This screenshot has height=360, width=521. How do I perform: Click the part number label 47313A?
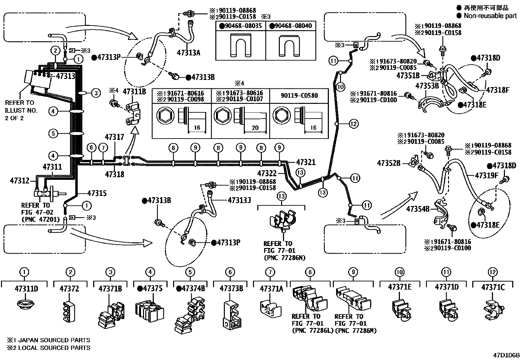188,52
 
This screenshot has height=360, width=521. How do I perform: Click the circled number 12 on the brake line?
354,124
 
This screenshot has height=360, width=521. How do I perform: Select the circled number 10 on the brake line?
341,87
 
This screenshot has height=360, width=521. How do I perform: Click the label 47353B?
427,86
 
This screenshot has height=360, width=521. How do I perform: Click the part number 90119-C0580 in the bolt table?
299,95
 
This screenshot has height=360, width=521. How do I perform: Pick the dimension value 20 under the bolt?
255,128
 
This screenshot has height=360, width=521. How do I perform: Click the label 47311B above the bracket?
134,91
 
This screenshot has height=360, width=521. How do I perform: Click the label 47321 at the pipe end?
306,162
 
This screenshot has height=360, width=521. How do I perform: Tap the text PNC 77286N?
284,258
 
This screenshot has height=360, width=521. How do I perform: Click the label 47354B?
418,208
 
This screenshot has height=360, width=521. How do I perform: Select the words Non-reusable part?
490,16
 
